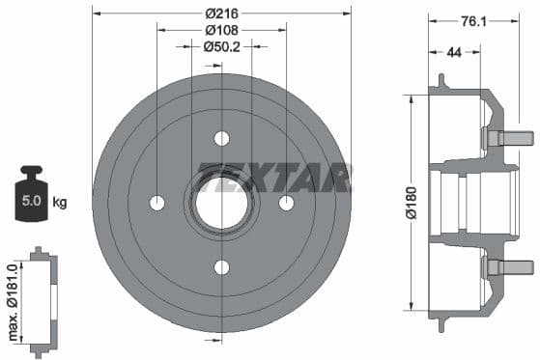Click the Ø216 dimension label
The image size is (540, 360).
click(221, 14)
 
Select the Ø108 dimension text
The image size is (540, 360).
click(221, 29)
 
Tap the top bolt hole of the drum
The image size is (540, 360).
click(221, 138)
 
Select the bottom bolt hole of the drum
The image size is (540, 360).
click(221, 267)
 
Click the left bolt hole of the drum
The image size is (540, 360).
click(157, 203)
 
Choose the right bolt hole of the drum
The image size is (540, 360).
click(286, 203)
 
